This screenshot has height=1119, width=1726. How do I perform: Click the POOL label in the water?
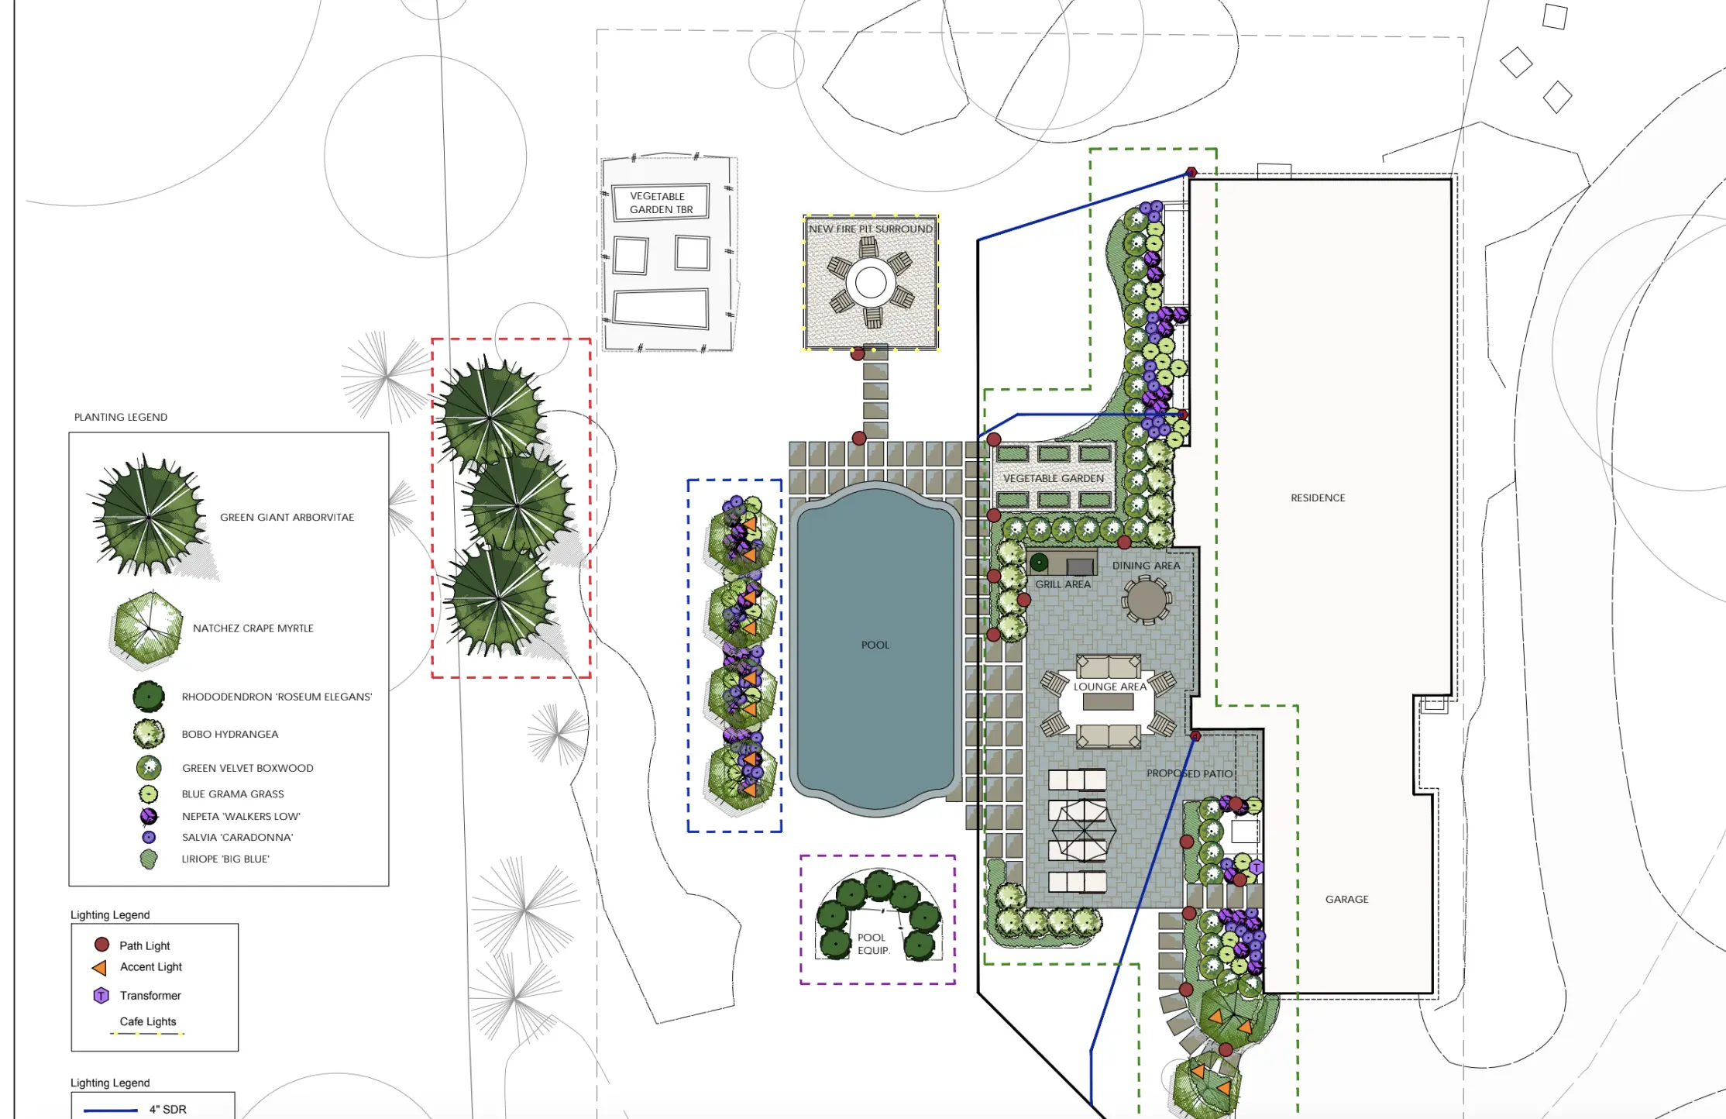[x=875, y=645]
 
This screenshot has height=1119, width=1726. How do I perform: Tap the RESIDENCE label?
[x=1317, y=498]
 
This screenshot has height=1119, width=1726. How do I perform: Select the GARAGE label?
[x=1346, y=899]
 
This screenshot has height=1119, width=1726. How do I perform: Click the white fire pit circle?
[x=871, y=283]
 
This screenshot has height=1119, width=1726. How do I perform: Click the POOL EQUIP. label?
[x=872, y=944]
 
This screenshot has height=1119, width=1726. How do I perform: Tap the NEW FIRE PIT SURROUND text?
[x=870, y=229]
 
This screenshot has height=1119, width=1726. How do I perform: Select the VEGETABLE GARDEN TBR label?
[x=660, y=202]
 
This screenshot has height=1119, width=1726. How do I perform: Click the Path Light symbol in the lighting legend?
[x=101, y=945]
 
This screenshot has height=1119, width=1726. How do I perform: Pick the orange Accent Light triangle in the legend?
[x=100, y=967]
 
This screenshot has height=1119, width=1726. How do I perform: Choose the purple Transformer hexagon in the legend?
[x=101, y=995]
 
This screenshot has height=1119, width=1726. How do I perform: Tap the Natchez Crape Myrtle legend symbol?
[x=147, y=628]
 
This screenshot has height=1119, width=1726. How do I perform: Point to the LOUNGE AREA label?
[x=1109, y=687]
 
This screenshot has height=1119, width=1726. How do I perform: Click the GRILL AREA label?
[x=1063, y=584]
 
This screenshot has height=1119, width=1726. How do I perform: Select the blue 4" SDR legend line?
[x=110, y=1110]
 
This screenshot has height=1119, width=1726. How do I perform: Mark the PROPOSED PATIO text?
[x=1189, y=773]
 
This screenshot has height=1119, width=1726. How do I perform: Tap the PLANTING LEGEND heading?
[x=121, y=417]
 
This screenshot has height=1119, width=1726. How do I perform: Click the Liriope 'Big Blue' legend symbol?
[x=148, y=859]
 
